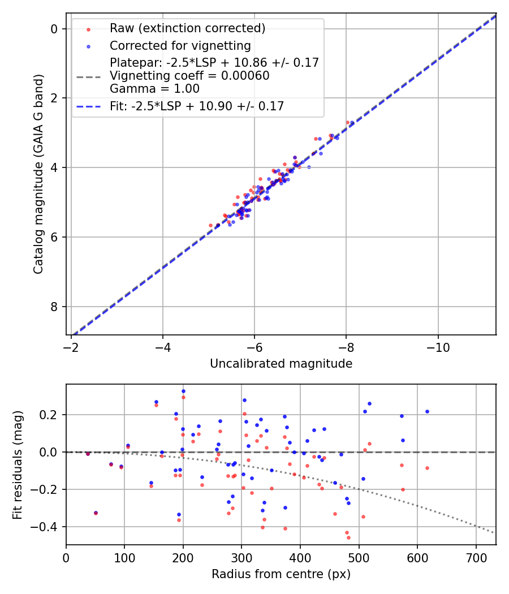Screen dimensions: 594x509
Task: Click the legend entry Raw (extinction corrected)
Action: (187, 28)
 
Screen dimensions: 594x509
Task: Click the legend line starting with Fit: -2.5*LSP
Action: (197, 106)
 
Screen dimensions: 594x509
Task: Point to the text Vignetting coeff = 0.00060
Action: (189, 75)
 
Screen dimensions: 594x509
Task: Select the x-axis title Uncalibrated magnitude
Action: (281, 364)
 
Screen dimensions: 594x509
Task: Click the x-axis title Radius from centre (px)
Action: (281, 574)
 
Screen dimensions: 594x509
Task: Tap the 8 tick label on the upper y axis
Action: (55, 307)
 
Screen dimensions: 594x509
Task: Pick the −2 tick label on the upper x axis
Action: (71, 346)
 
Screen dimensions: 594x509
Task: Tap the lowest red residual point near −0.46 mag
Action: (348, 537)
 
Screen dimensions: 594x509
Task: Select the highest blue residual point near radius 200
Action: (183, 391)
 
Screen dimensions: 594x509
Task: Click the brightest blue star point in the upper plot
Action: (352, 123)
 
